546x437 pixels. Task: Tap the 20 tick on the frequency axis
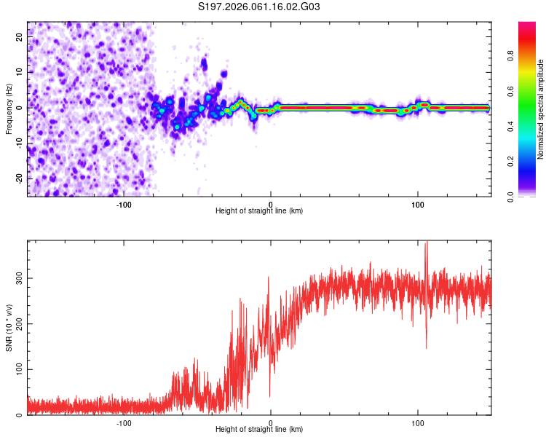coord(20,36)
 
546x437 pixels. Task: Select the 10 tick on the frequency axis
coord(20,71)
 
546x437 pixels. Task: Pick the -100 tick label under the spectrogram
coord(123,204)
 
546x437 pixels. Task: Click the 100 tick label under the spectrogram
coord(418,204)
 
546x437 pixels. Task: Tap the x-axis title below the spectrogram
coord(259,211)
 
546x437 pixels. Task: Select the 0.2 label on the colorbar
coord(530,162)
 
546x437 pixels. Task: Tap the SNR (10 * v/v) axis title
coord(9,328)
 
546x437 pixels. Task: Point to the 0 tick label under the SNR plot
coord(271,422)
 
